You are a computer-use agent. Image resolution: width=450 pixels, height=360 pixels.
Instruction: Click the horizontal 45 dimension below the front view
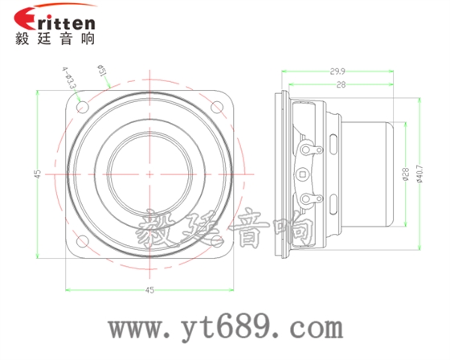pyautogui.click(x=149, y=289)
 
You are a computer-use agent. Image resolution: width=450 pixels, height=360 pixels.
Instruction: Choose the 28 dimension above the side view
pyautogui.click(x=341, y=84)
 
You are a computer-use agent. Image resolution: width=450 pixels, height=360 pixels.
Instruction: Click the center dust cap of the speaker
pyautogui.click(x=149, y=173)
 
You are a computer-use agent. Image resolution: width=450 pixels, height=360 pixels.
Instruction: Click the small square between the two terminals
pyautogui.click(x=303, y=173)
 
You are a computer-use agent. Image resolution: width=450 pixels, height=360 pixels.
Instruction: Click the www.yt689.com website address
pyautogui.click(x=226, y=328)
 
